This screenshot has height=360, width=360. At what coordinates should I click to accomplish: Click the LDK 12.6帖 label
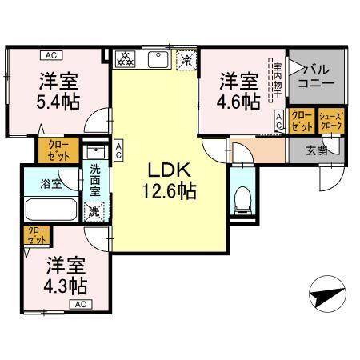click(x=166, y=181)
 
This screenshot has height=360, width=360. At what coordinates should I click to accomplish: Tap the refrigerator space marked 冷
click(x=186, y=59)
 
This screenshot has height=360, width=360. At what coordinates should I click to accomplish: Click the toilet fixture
click(x=242, y=197)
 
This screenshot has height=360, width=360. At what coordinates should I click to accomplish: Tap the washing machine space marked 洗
click(x=94, y=211)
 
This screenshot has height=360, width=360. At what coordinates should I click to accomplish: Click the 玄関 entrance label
click(x=317, y=149)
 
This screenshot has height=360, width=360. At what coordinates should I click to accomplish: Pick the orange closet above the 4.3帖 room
click(x=36, y=236)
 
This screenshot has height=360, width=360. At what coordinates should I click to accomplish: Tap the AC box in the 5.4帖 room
click(x=49, y=55)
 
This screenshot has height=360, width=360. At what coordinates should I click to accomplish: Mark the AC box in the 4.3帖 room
click(x=80, y=305)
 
